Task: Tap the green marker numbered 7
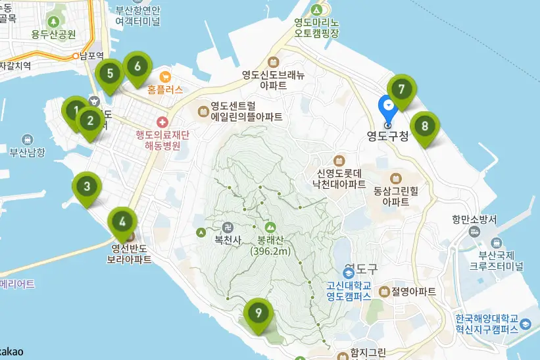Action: [x=401, y=88]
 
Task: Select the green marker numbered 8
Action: [x=425, y=125]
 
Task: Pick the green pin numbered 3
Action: [x=87, y=186]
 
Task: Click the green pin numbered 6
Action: [x=137, y=66]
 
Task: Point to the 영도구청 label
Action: [x=388, y=137]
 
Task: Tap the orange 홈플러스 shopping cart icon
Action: [x=164, y=76]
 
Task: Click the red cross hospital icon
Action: [x=162, y=122]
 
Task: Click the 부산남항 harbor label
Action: [x=27, y=152]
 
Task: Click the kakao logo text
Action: [x=12, y=351]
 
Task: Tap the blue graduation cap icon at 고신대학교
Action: [x=349, y=272]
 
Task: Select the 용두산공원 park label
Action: [x=53, y=34]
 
